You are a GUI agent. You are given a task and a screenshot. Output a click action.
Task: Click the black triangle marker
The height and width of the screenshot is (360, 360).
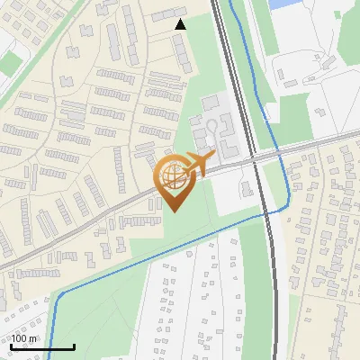tap(180, 25)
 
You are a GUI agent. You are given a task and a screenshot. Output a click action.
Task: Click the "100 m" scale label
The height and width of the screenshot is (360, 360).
tap(24, 338)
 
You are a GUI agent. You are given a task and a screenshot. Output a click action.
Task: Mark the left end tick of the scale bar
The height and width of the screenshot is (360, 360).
tap(12, 346)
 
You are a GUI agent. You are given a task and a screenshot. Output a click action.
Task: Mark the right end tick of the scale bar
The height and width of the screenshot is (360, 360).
tap(74, 346)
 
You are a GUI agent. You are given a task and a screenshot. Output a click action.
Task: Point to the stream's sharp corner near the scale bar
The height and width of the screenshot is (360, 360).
tap(59, 295)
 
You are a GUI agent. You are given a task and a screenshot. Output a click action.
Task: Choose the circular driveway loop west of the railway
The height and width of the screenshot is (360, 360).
tap(212, 126)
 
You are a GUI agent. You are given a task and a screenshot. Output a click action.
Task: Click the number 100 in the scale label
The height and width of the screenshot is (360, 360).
tap(20, 338)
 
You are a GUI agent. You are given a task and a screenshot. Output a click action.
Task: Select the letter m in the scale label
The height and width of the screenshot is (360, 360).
tap(33, 339)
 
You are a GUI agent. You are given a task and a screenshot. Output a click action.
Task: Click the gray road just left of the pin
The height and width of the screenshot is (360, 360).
tap(135, 198)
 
